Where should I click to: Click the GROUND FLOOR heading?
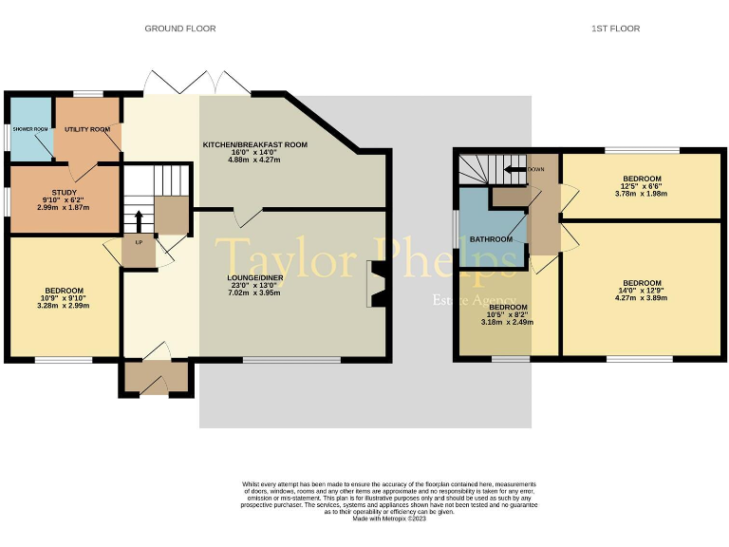[x=179, y=28]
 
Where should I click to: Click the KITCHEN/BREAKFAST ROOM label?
[x=254, y=144]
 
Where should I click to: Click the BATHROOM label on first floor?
[x=491, y=239]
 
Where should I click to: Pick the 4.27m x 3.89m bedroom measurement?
[x=641, y=298]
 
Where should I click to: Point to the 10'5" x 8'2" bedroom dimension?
[x=508, y=314]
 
